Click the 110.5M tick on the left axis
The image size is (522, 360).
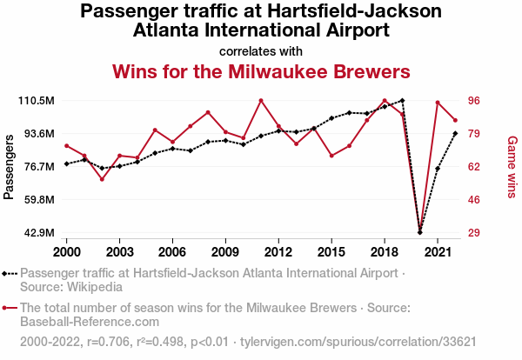pos(37,101)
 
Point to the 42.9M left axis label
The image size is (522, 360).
pos(38,233)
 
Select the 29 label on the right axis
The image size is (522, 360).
pos(478,233)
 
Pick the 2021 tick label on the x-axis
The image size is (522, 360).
pos(438,251)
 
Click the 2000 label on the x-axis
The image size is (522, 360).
pos(67,251)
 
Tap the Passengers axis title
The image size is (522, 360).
pos(10,166)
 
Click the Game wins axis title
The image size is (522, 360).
pos(512,166)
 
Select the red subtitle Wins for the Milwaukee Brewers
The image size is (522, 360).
pos(261,70)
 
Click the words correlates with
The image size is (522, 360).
pos(261,50)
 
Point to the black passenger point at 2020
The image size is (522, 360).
pos(420,232)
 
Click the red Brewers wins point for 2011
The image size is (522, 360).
pos(261,100)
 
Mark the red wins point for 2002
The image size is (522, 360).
pos(102,179)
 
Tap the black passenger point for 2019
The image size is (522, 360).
pos(402,101)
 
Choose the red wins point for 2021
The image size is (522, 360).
pos(438,103)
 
